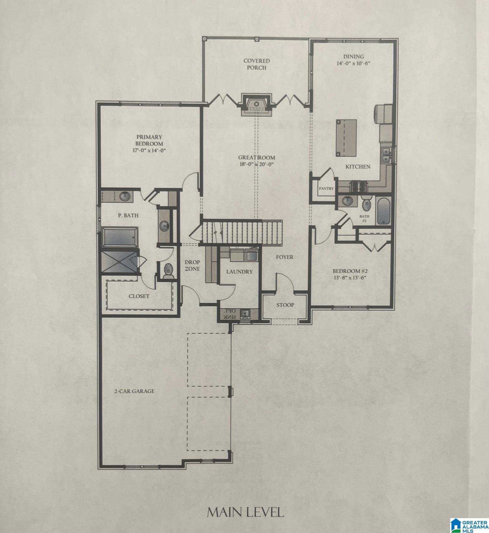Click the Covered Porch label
[256, 64]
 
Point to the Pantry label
[326, 188]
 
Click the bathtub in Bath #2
[383, 211]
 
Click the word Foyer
[285, 257]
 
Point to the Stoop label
[285, 305]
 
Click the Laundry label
[239, 272]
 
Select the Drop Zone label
[192, 265]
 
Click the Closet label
[139, 296]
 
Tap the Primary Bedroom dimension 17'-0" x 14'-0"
[149, 150]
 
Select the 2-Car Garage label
[134, 391]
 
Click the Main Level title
[245, 512]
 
